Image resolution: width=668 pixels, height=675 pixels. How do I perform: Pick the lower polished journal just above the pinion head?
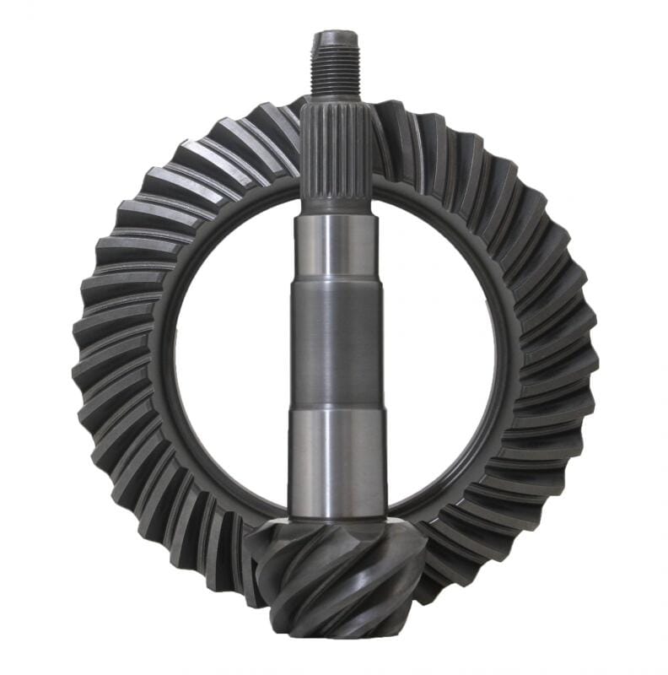click(x=336, y=460)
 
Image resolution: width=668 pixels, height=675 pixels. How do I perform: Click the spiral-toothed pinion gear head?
click(x=337, y=574)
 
